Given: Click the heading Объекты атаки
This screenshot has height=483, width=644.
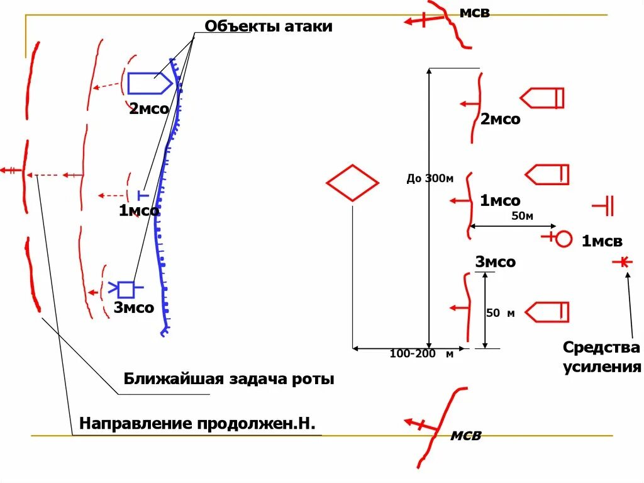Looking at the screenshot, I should coord(269,26).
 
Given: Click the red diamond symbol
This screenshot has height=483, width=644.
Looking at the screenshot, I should coord(352,183).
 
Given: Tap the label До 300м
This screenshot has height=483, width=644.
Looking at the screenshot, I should coord(430,178).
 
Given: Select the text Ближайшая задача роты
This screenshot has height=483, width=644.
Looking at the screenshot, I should coord(229,379).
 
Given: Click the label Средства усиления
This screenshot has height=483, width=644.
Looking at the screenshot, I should coord(601,357).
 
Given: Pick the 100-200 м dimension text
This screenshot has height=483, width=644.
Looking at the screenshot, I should coord(421,354).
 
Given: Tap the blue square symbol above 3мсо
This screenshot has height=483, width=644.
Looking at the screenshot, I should coord(126,289).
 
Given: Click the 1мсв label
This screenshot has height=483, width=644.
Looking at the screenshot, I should coord(601,241).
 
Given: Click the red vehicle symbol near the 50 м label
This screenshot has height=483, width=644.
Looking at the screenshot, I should coord(547,312).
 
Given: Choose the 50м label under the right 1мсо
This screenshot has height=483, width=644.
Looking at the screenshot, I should coord(522,217).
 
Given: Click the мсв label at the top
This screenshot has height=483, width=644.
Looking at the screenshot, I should coord(474,13).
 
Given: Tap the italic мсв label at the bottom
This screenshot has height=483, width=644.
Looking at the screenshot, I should coord(466,435).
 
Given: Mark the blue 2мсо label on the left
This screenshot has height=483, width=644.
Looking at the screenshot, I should coord(149,109).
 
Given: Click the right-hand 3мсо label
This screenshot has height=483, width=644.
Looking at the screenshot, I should coord(495,262).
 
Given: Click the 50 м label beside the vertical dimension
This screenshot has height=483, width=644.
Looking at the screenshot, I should coord(501,313).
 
